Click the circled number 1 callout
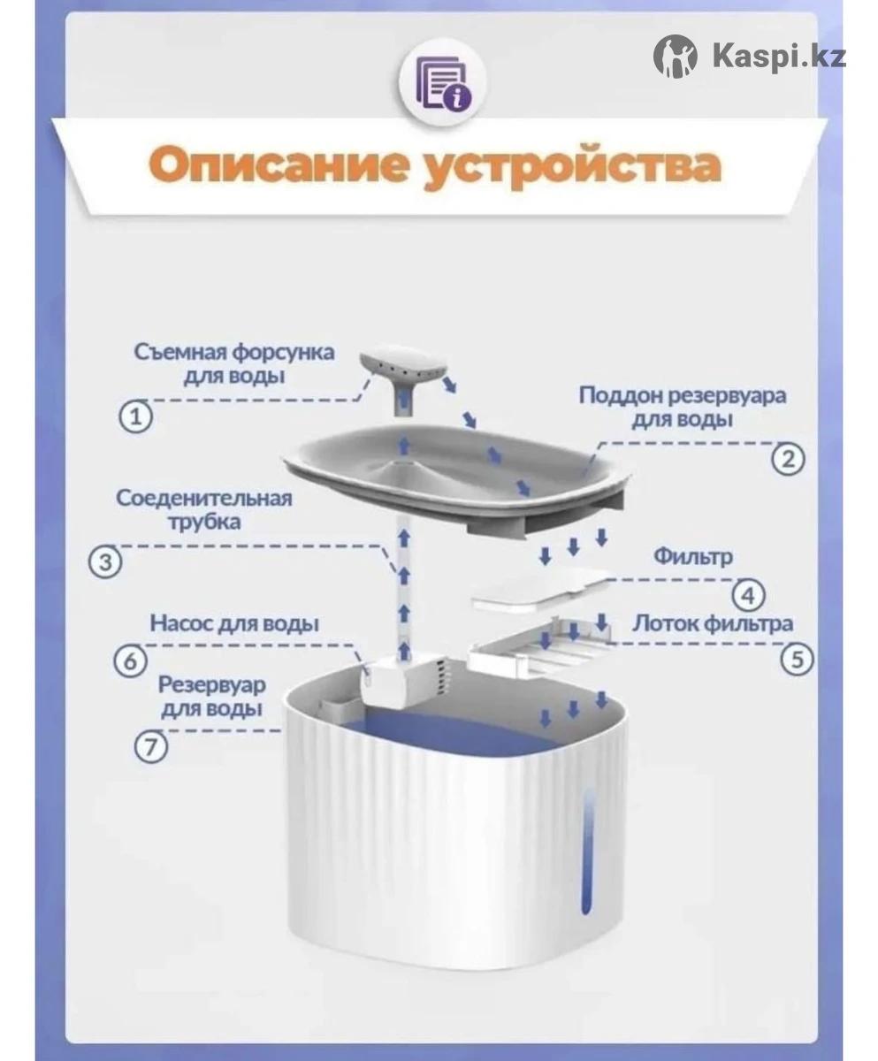point(135,416)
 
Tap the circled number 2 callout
point(788,459)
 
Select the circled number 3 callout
point(105,562)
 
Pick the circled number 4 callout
point(748,596)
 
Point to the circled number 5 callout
point(797,659)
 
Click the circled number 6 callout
point(131,661)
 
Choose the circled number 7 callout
point(150,747)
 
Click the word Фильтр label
point(692,556)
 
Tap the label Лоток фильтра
point(712,623)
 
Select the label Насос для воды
point(234,623)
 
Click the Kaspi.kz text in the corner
point(779,56)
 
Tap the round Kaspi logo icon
point(675,56)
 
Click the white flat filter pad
point(542,590)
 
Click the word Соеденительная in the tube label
point(204,498)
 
